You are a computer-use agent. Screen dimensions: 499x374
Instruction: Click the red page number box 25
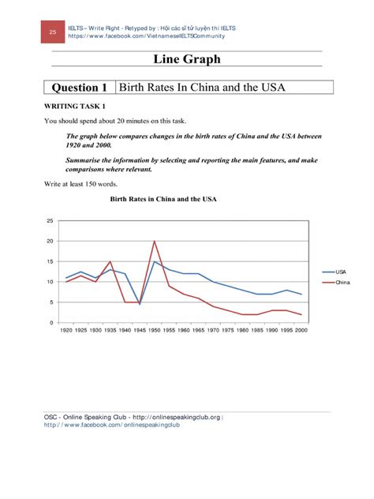click(53, 32)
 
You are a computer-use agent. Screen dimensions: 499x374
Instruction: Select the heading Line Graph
click(186, 60)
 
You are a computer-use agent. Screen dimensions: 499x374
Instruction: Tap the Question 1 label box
click(79, 87)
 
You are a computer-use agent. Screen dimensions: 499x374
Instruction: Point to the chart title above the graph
click(163, 200)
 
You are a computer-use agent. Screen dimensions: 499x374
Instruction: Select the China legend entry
click(342, 282)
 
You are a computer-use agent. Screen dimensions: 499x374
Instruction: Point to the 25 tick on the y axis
click(50, 221)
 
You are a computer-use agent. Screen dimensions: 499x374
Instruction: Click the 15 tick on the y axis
click(50, 261)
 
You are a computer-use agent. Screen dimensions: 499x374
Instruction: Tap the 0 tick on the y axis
click(51, 323)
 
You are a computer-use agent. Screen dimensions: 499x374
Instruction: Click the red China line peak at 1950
click(155, 241)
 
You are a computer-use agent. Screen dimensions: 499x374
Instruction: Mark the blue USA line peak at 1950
click(155, 261)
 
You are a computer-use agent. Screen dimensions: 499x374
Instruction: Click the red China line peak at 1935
click(110, 261)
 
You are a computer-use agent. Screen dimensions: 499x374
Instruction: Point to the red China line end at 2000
click(301, 314)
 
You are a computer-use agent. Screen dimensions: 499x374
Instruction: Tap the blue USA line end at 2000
click(301, 294)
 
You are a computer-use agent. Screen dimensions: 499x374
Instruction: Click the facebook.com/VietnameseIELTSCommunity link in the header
click(147, 36)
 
